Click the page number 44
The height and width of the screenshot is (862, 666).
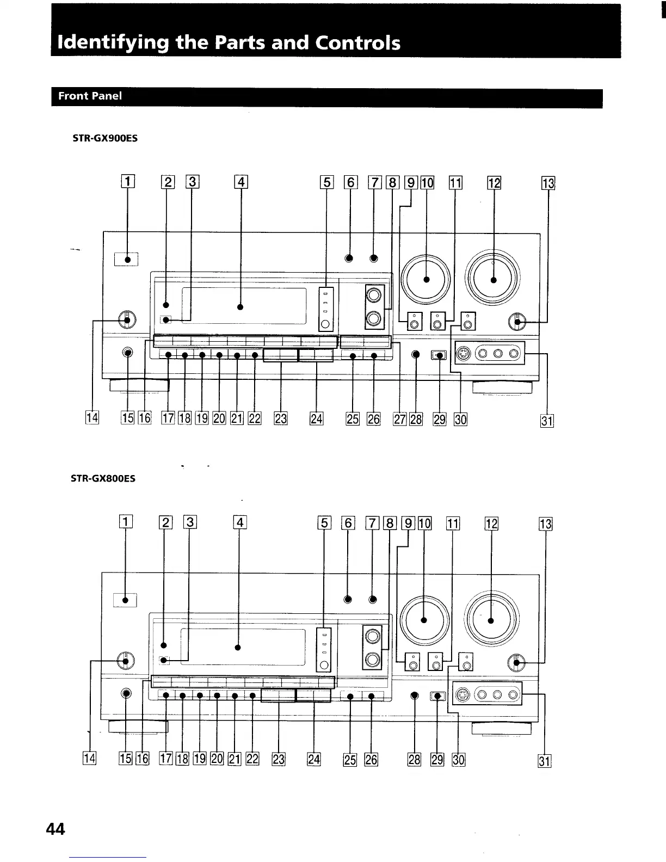[x=55, y=829]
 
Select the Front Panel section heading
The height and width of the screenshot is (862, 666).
[x=90, y=96]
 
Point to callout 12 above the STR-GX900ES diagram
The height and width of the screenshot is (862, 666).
[x=494, y=183]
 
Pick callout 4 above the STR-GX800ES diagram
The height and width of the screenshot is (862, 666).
[x=239, y=524]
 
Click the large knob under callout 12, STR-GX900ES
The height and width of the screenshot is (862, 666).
[x=494, y=280]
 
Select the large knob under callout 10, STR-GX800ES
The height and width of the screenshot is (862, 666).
[x=424, y=620]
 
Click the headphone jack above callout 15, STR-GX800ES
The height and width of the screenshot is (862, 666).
[x=126, y=694]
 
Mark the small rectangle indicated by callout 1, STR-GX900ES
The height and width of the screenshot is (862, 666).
[x=127, y=260]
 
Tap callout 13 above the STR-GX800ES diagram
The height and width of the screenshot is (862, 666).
[x=545, y=524]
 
